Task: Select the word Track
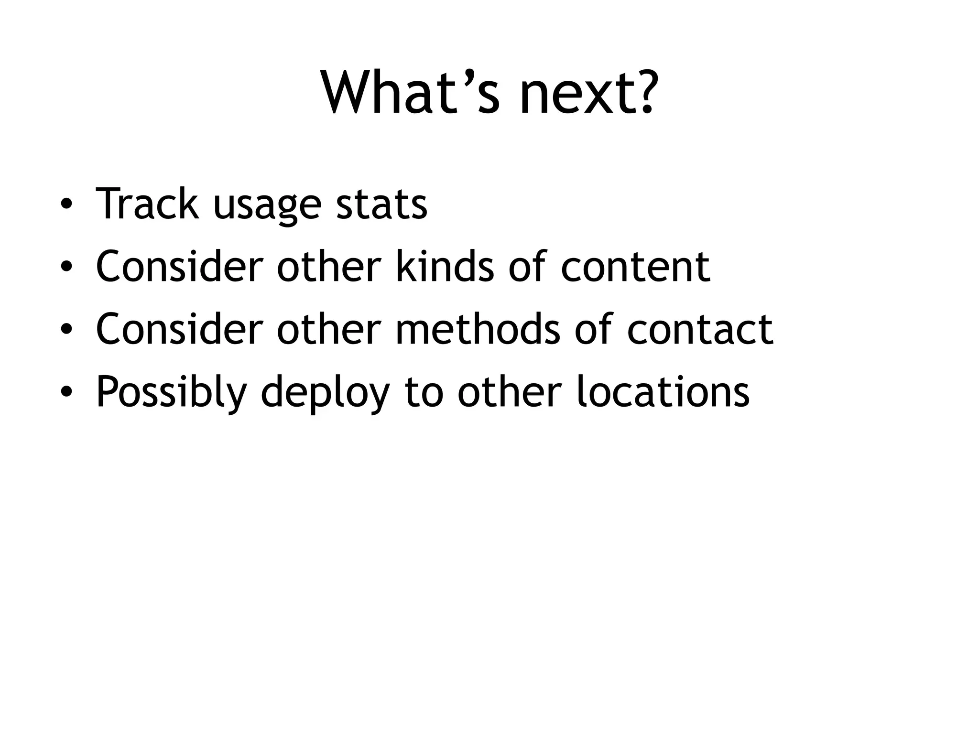point(147,204)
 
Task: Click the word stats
point(381,204)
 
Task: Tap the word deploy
point(325,393)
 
